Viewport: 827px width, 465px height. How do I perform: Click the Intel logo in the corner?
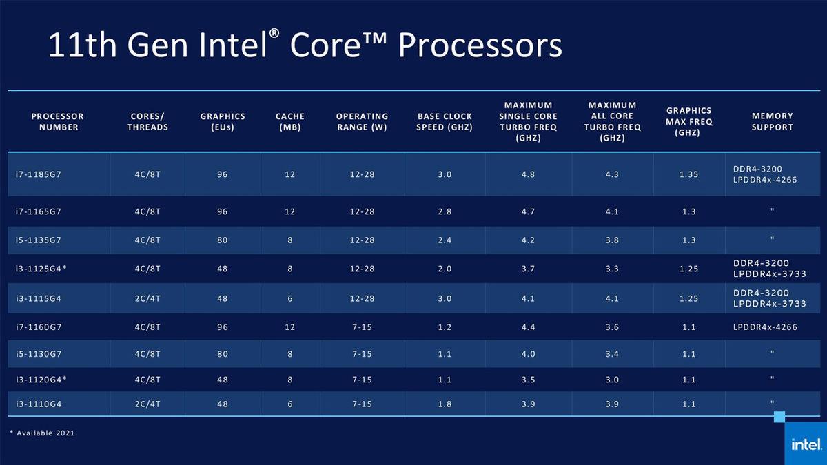point(805,444)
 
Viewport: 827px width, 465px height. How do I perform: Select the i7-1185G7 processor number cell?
point(39,174)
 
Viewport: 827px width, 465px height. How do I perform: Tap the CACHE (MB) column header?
point(289,121)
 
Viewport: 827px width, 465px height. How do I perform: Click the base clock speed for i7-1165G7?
point(445,211)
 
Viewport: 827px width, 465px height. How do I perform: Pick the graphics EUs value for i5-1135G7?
point(222,239)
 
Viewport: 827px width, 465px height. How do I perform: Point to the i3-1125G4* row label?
point(41,269)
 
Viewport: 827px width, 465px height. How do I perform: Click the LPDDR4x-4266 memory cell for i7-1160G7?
point(765,327)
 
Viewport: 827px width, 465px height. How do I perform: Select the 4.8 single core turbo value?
point(529,174)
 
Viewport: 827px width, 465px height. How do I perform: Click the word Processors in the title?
point(480,46)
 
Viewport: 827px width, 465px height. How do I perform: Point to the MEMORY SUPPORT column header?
point(772,121)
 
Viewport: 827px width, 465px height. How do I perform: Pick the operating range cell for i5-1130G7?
point(362,353)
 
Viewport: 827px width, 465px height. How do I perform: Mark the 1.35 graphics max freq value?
point(688,174)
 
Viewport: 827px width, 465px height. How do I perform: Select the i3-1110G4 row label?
point(39,404)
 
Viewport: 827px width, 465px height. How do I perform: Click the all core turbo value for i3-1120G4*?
point(611,379)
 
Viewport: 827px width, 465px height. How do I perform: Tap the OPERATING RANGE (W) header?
point(362,121)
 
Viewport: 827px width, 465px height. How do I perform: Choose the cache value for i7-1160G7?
point(289,327)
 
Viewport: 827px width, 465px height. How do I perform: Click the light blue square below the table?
point(779,416)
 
